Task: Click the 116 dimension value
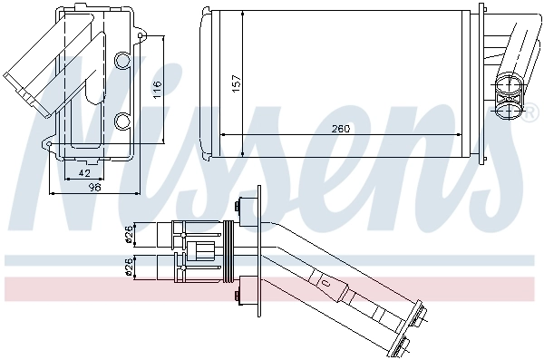(157, 89)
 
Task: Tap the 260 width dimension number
(341, 129)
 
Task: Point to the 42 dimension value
(83, 171)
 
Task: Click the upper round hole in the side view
(124, 61)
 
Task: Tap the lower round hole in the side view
(124, 119)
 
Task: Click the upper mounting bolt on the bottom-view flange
(243, 206)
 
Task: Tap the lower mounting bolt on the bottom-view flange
(243, 296)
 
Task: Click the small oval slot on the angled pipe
(325, 283)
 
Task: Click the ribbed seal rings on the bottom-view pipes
(230, 251)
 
